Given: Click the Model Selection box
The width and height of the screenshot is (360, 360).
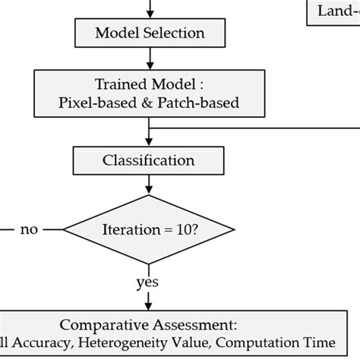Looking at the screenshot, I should tap(150, 33).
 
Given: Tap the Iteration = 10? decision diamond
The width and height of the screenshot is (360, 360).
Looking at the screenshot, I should tap(149, 229).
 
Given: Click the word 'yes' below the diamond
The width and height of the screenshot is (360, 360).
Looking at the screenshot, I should tap(147, 283).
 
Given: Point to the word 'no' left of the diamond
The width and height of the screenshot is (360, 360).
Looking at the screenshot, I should tap(29, 229).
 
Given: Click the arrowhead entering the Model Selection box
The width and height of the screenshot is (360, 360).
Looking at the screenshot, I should tap(150, 15).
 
